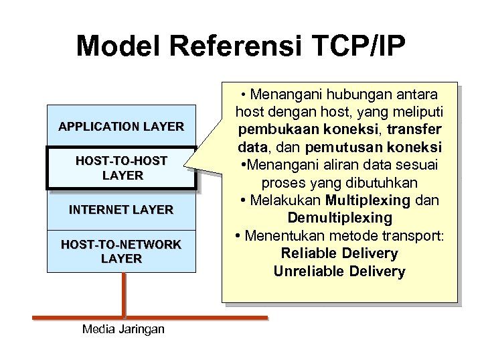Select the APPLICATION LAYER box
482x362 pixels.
pos(120,126)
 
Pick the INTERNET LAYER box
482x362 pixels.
pos(120,210)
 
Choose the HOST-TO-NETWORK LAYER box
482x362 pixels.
pos(120,251)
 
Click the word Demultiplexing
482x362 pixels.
pos(339,219)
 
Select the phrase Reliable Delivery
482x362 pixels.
pos(339,254)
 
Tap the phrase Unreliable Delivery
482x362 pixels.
pos(339,271)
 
